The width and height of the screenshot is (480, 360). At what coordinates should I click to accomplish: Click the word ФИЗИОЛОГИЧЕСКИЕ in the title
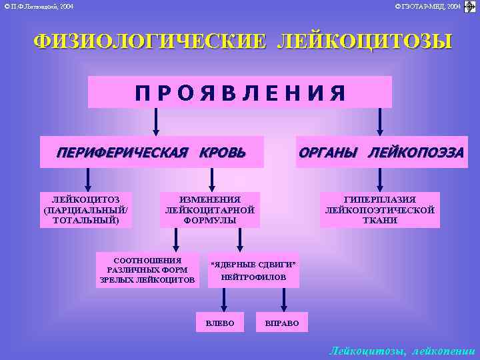click(146, 42)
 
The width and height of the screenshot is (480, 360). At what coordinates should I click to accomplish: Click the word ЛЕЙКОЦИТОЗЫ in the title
click(364, 42)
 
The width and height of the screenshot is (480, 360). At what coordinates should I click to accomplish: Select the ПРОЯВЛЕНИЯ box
click(240, 93)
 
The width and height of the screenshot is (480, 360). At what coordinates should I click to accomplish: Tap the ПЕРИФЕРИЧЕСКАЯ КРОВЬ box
click(151, 152)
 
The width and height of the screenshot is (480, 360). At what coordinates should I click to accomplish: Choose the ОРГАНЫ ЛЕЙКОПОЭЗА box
click(381, 152)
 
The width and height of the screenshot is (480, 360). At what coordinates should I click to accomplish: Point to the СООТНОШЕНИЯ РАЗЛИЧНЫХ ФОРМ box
click(147, 270)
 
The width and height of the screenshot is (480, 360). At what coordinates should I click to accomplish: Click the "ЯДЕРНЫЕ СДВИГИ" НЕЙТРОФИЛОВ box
click(253, 270)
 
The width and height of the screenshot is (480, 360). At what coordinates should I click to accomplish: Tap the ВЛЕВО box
click(220, 323)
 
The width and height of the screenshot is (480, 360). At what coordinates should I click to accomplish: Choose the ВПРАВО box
click(282, 323)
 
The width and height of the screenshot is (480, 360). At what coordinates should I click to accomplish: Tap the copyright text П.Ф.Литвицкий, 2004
click(39, 6)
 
